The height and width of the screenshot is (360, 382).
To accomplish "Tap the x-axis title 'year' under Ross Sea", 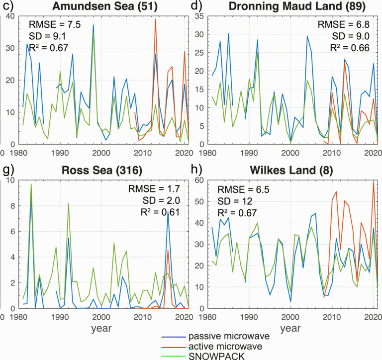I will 101,328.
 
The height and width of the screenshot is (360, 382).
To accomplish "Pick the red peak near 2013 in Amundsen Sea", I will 156,20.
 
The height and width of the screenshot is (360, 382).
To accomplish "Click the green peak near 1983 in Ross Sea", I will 31,184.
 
